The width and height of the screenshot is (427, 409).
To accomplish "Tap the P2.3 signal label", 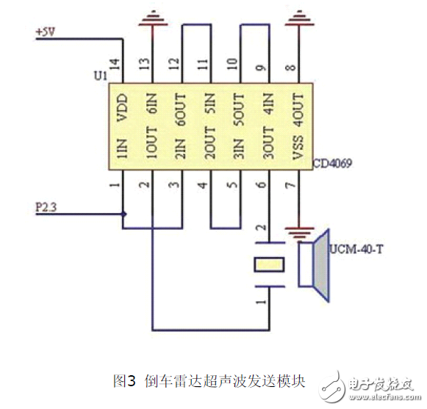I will point(46,207).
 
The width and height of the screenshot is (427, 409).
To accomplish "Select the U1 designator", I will point(101,76).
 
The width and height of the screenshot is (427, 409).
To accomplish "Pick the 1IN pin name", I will point(123,147).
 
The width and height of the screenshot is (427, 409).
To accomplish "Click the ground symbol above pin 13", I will point(152,16).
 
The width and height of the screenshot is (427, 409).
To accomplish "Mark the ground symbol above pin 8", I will point(298,16).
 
